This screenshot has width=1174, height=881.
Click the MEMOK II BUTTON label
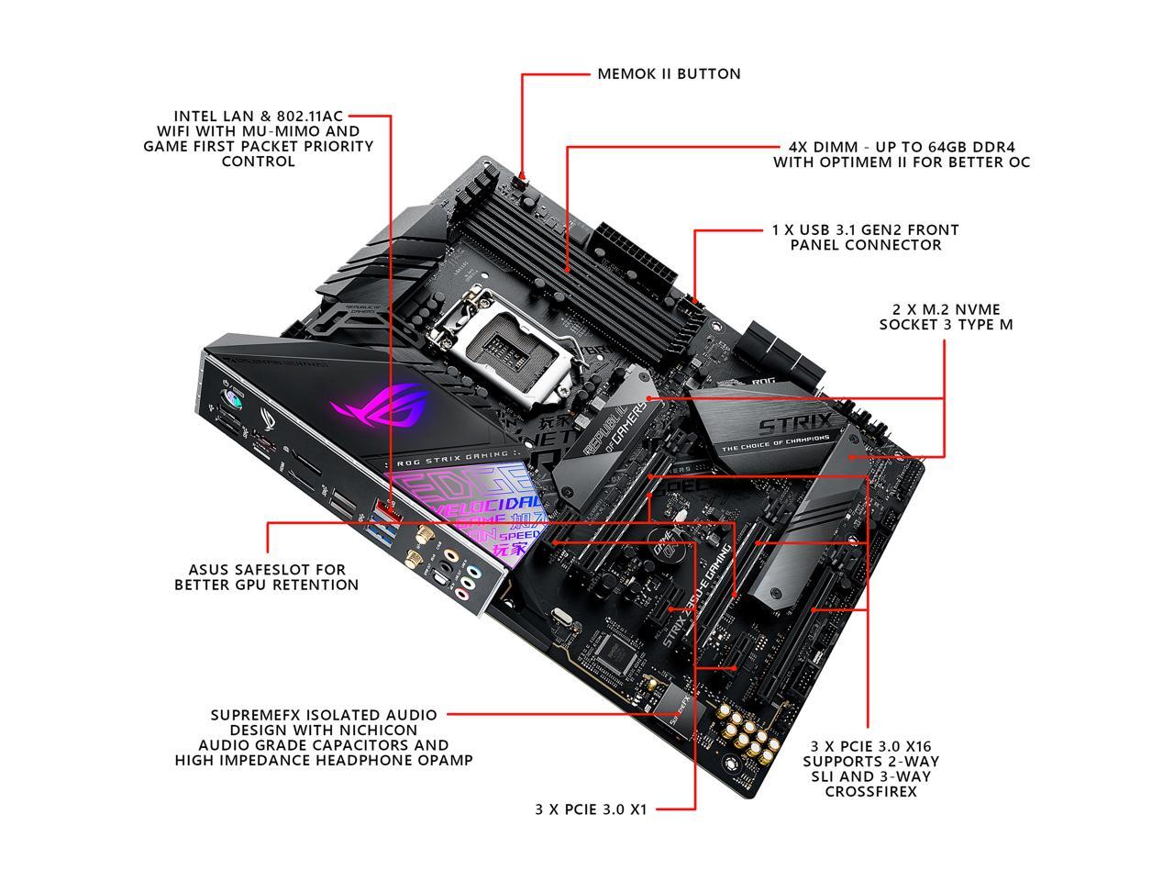click(x=669, y=73)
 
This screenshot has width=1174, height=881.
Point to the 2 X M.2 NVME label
click(x=946, y=309)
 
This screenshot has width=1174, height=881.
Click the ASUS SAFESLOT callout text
click(x=266, y=570)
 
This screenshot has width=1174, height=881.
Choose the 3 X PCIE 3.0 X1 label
click(x=591, y=809)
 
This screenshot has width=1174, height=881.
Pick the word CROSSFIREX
click(x=870, y=791)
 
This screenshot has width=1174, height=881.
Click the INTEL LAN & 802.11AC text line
click(x=258, y=116)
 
